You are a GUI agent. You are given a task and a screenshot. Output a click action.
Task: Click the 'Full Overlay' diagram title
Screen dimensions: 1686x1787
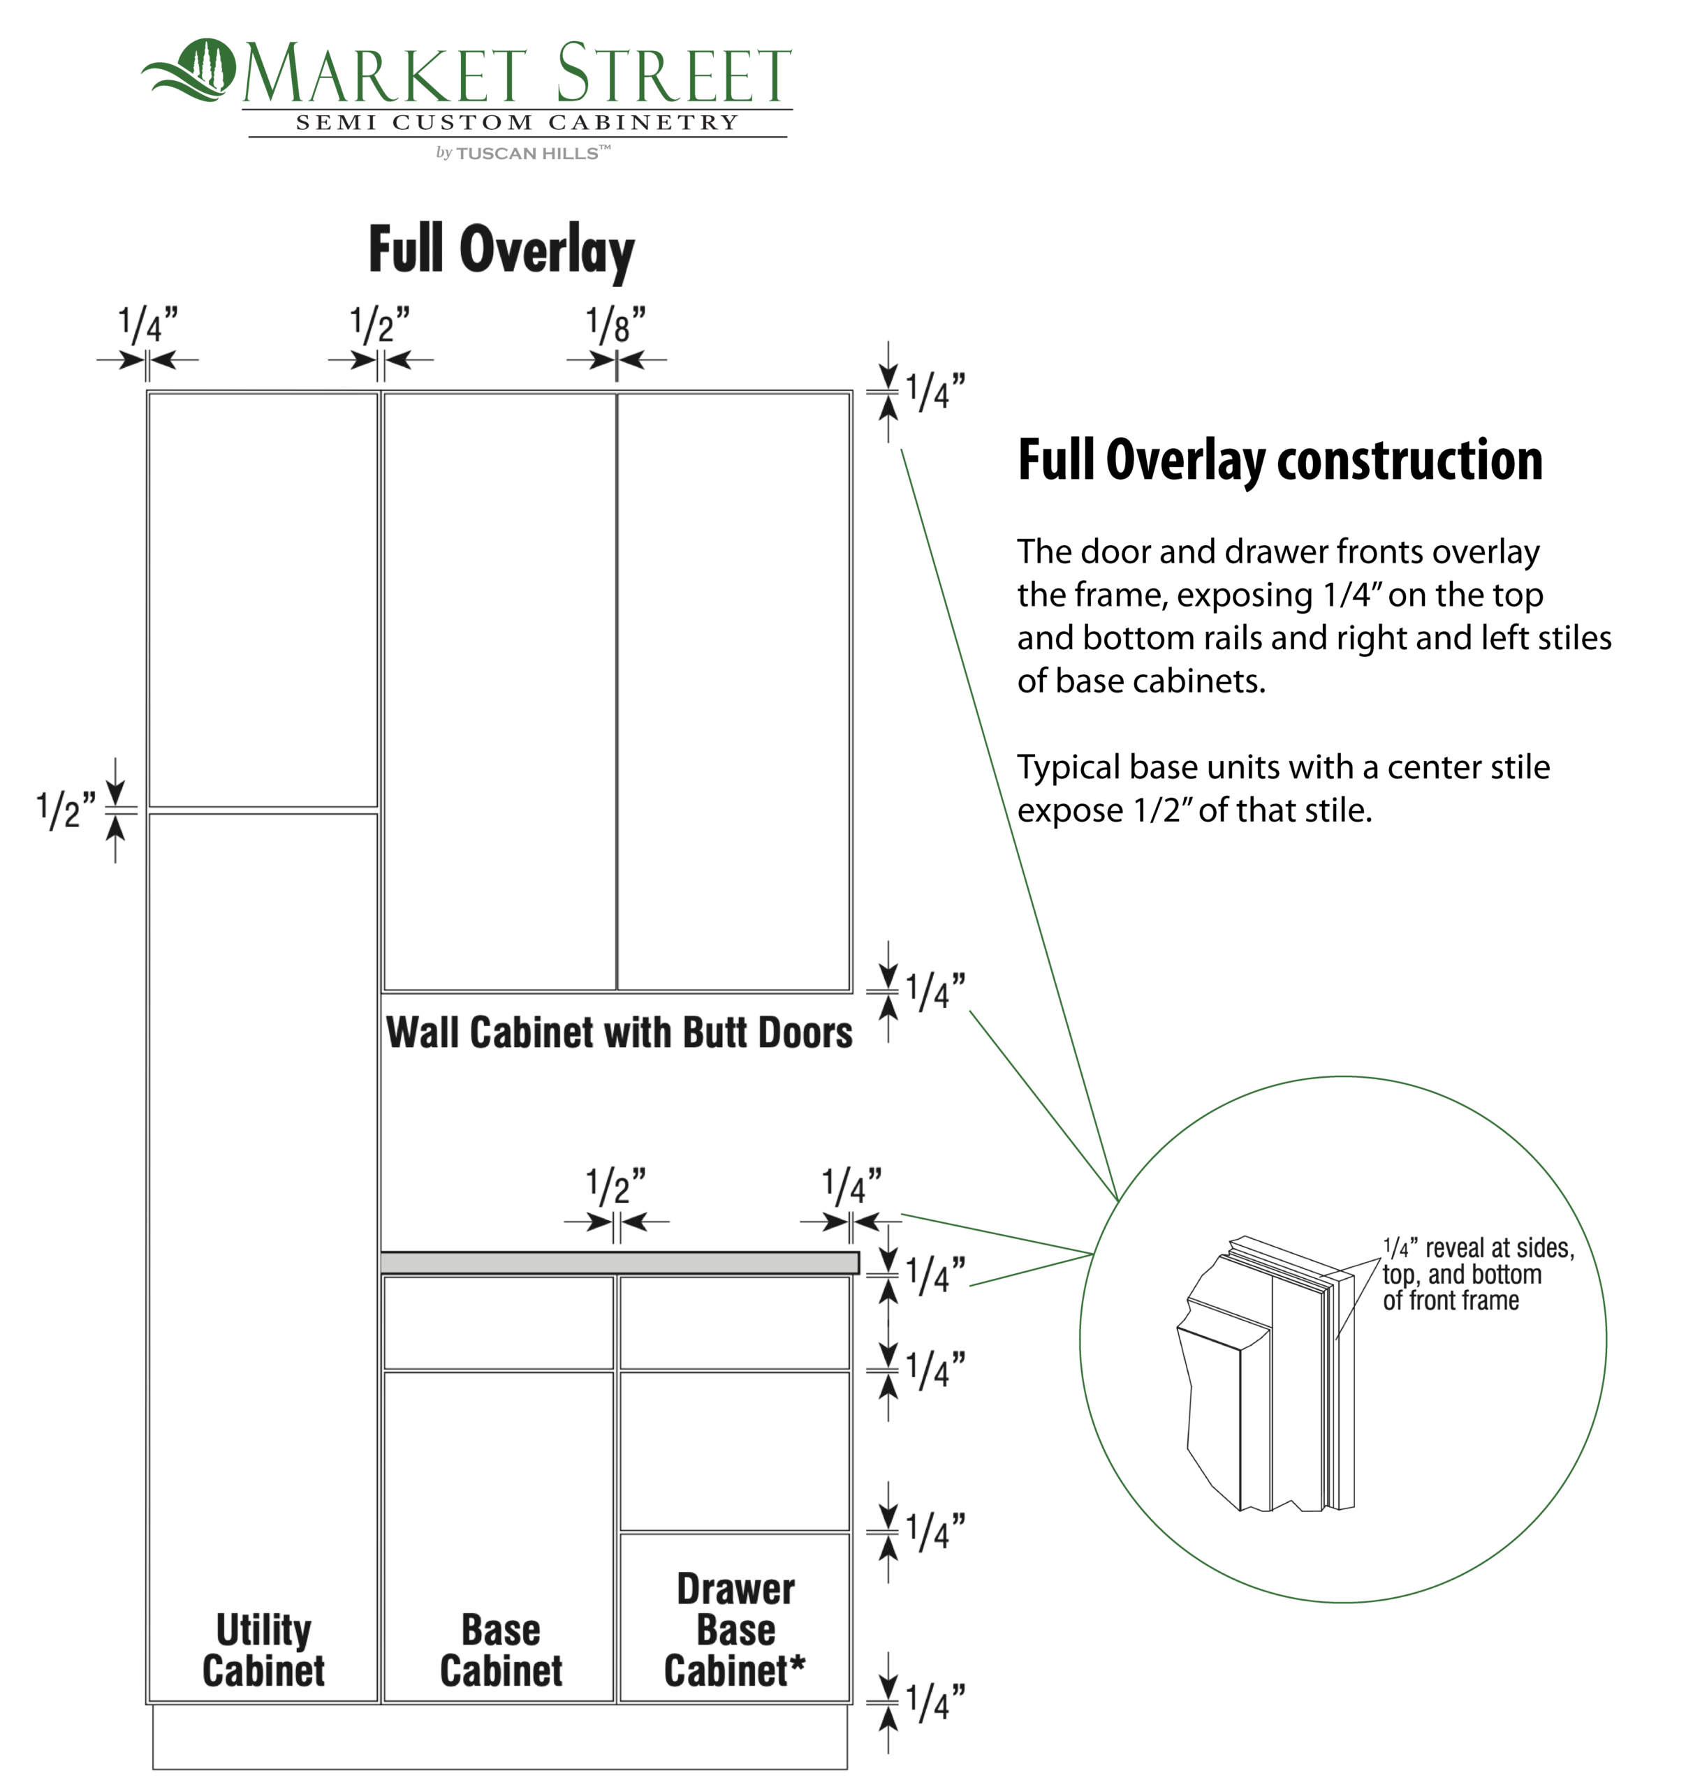(501, 251)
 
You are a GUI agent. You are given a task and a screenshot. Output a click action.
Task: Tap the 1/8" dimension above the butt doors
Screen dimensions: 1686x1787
(616, 325)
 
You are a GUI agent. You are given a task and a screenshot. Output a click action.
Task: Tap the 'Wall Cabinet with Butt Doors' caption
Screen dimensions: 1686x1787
(620, 1033)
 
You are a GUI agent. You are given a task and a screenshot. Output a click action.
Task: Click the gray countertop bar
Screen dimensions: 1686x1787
(620, 1263)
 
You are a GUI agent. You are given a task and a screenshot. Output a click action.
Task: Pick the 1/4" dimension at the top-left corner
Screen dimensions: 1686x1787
(148, 325)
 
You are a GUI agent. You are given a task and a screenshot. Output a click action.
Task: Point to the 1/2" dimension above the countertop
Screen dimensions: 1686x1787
(616, 1187)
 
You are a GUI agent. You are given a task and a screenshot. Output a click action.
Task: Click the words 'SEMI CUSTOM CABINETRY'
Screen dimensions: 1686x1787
(517, 123)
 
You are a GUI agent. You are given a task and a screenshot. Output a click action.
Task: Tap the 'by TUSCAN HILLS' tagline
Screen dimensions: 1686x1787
(523, 153)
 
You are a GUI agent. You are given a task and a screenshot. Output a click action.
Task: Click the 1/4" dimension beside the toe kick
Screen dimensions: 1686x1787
(935, 1703)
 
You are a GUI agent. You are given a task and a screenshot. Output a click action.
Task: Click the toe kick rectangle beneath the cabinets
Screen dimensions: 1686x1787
(500, 1737)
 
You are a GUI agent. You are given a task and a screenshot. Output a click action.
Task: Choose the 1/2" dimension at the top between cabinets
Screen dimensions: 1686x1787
(381, 325)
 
